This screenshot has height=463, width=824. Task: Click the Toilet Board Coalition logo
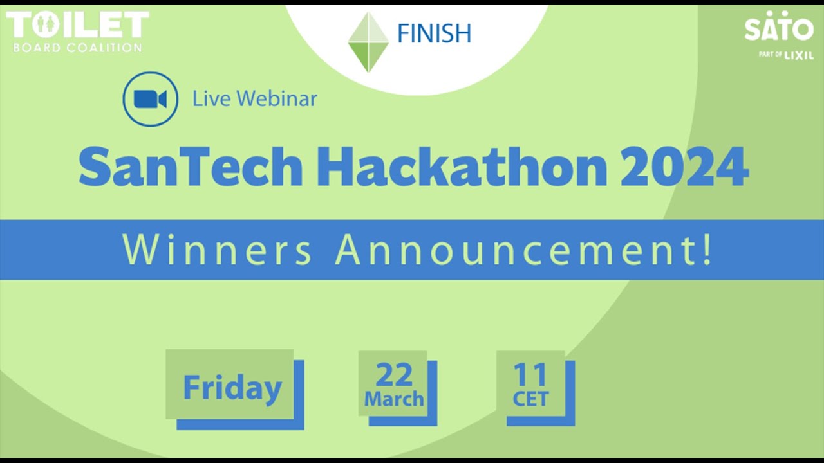tap(77, 31)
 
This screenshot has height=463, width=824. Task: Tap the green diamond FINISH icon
tap(368, 42)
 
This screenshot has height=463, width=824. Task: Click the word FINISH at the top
tap(434, 33)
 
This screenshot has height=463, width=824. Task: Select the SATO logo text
tap(779, 28)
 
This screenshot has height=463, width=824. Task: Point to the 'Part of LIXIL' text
tap(786, 55)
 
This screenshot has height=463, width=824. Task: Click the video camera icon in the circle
tap(150, 99)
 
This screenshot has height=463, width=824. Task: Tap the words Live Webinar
tap(255, 99)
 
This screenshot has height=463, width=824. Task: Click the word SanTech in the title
tap(191, 167)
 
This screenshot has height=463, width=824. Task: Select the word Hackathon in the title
tap(462, 167)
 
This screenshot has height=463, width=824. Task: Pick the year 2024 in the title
tap(684, 167)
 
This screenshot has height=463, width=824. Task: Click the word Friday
tap(232, 388)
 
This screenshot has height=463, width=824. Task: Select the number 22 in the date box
tap(393, 374)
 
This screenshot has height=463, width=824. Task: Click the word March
tap(394, 399)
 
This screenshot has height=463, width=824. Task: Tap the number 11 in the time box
tap(530, 374)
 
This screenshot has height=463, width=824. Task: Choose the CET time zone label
tap(530, 399)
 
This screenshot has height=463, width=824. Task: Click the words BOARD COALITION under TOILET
tap(78, 48)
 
